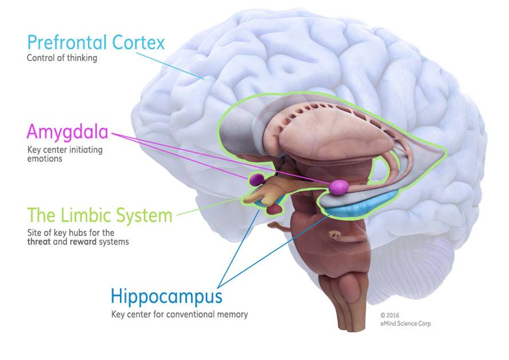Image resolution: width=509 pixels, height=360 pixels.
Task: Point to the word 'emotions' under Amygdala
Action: click(x=44, y=159)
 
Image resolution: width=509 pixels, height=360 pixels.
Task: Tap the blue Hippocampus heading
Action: click(x=166, y=297)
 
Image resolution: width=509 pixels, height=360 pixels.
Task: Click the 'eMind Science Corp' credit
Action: click(x=405, y=324)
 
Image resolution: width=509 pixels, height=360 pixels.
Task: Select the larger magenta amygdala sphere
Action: click(x=338, y=187)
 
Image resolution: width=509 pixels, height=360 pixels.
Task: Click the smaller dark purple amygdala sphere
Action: click(x=256, y=180)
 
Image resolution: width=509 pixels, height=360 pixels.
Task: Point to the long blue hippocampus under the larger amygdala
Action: click(x=366, y=206)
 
